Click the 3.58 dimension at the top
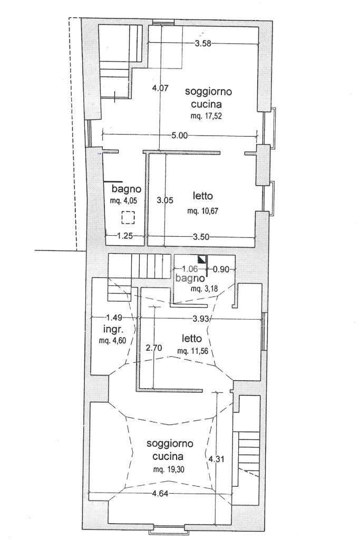[202, 44]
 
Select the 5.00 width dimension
[179, 136]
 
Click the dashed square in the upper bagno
[128, 217]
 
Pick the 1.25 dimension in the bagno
[124, 236]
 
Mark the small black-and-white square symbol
[201, 259]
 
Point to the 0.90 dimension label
[221, 269]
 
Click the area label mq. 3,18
[203, 289]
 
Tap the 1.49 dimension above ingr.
[114, 318]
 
